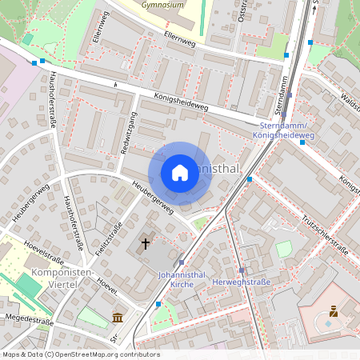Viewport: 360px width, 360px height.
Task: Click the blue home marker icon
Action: (x=180, y=173)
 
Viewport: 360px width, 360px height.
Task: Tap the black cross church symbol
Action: (x=146, y=242)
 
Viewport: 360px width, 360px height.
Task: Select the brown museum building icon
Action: (x=118, y=318)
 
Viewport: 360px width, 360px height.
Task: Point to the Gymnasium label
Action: (x=162, y=4)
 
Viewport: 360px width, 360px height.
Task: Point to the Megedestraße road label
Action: (x=27, y=321)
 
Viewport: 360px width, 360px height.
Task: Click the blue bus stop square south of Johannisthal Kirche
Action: (x=158, y=304)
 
